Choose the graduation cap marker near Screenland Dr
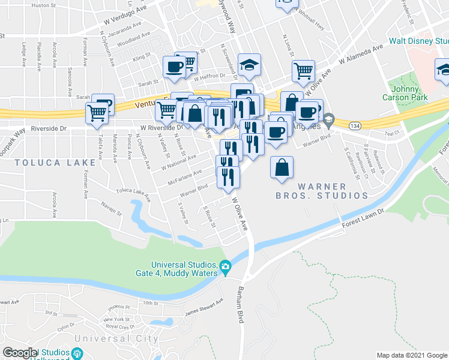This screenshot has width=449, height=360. [249, 65]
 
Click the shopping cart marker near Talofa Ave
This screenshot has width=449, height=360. [97, 113]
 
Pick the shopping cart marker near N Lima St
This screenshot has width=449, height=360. [303, 71]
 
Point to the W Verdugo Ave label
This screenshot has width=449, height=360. [125, 19]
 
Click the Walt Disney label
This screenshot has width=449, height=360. [418, 41]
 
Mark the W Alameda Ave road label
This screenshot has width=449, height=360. [361, 54]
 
